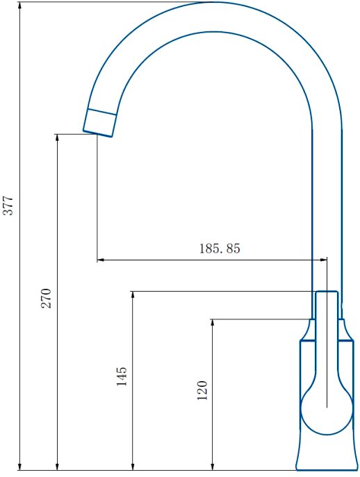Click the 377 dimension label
[8, 206]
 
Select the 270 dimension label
[47, 298]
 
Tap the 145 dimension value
[122, 376]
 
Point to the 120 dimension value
[202, 390]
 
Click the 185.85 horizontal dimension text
[220, 249]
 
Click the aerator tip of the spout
[99, 123]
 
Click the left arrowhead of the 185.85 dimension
[101, 260]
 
